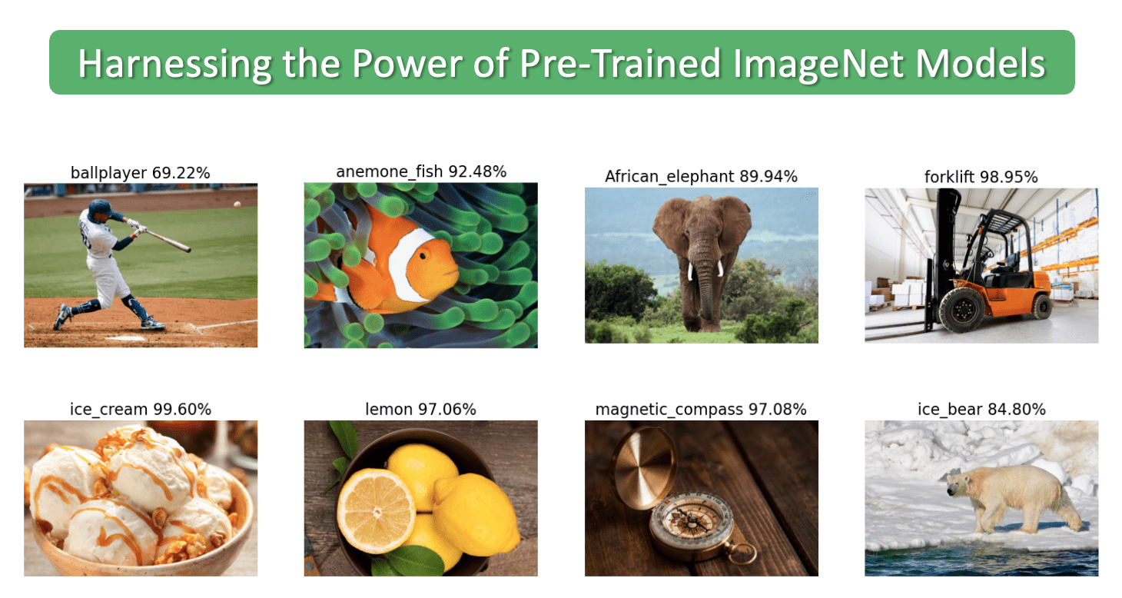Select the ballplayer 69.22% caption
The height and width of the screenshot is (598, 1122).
coord(140,173)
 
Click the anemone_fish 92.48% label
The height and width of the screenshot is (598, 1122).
coord(420,171)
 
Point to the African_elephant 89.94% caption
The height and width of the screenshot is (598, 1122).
coord(701,176)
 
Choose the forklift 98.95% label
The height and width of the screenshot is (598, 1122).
coord(981,177)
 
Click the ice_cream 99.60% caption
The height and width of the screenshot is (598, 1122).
coord(140,409)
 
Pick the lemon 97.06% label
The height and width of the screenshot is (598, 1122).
coord(420,409)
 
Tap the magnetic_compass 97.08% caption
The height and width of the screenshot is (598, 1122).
coord(701,409)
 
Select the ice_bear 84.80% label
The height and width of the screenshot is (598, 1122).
coord(981,409)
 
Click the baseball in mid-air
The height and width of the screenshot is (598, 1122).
coord(237,204)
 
